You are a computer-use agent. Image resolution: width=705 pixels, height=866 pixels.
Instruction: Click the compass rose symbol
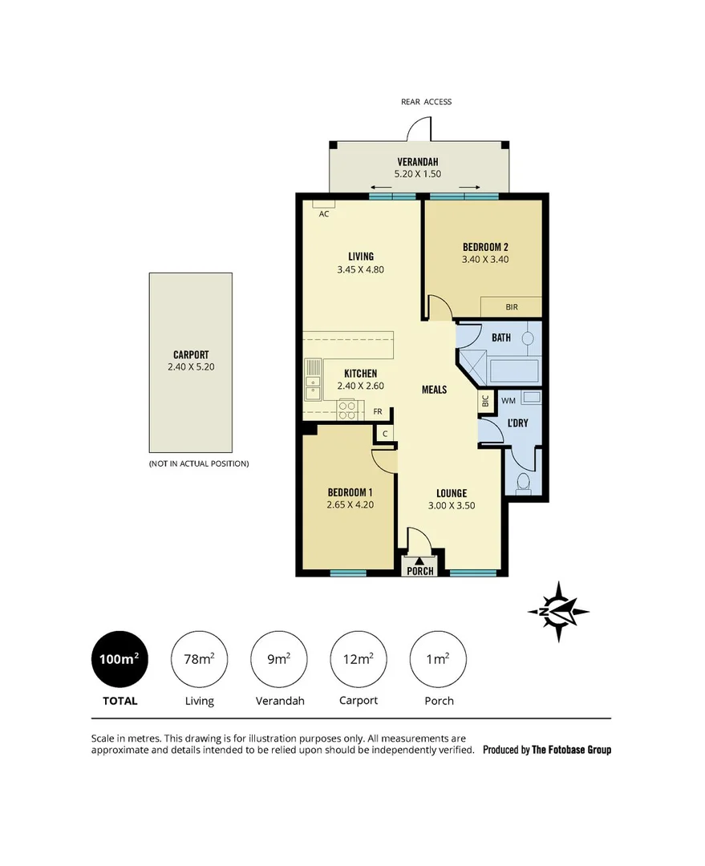tap(558, 611)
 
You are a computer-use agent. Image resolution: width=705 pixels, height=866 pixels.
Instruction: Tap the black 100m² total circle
tap(120, 659)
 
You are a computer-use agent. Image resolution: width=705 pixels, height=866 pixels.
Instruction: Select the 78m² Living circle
tap(199, 659)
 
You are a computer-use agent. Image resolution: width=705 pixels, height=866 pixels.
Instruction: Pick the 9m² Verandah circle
tap(278, 659)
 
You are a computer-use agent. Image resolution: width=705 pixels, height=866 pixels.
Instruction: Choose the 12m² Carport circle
tap(358, 659)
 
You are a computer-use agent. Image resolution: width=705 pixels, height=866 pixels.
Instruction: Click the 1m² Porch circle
tap(438, 659)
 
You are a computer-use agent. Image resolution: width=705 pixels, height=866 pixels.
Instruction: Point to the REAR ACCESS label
tap(426, 102)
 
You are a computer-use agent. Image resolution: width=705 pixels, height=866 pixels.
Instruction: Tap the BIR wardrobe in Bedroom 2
tap(511, 306)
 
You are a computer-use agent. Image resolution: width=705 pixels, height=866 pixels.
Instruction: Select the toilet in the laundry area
tap(523, 481)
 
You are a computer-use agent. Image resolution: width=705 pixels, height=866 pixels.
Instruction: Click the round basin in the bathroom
tap(528, 338)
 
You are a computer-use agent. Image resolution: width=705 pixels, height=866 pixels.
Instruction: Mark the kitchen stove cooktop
tap(347, 410)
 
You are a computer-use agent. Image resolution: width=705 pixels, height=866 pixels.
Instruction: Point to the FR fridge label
tap(378, 412)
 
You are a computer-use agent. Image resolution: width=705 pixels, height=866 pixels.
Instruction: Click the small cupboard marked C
tap(386, 434)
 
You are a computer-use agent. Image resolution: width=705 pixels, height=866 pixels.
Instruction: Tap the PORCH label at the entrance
tap(420, 571)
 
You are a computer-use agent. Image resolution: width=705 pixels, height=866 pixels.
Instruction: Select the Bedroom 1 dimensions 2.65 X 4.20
tap(350, 505)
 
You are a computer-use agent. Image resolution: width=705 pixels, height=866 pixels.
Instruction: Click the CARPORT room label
tap(191, 354)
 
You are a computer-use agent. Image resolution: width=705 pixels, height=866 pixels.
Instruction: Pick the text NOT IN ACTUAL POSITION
tap(198, 463)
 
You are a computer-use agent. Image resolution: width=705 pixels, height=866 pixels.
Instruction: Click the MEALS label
tap(434, 390)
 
